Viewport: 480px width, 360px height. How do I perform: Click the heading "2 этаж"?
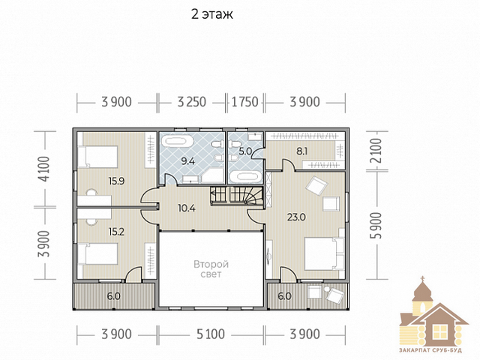211,14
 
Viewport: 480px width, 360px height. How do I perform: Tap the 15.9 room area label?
116,181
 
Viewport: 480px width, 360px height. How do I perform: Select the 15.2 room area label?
116,232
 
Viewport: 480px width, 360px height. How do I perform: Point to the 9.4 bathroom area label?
187,161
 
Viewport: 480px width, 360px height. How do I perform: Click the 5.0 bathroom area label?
245,151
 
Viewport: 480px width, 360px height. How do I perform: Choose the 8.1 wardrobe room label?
301,151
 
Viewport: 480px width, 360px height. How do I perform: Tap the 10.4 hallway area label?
187,208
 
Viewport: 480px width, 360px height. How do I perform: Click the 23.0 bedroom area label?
296,217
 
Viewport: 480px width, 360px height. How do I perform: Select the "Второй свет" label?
211,268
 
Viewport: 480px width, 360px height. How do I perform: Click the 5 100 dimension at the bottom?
211,334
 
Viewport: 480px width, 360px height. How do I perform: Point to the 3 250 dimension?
192,102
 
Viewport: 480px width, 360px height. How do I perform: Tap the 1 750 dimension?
245,102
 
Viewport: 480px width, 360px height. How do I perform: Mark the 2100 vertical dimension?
376,151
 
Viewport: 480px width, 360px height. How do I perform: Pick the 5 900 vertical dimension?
376,226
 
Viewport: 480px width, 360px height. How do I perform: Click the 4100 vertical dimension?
43,169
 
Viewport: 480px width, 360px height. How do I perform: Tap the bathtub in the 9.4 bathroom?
178,142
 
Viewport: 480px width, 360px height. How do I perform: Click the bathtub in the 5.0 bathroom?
245,177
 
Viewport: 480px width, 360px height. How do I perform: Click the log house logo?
434,315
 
